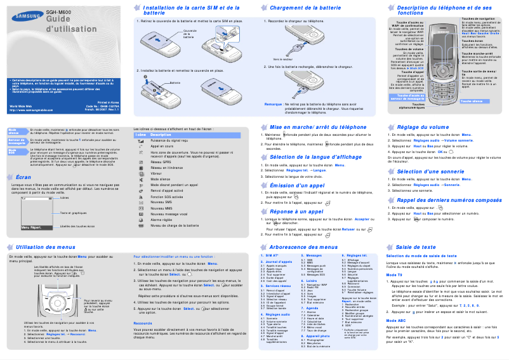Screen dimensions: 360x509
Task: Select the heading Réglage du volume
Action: point(422,127)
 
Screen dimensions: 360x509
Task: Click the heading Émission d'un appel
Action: point(297,185)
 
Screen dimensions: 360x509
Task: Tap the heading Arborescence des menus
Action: point(303,246)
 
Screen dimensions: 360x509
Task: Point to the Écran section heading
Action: point(23,177)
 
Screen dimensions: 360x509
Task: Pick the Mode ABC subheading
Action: point(397,321)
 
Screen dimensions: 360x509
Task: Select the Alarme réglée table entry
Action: point(165,219)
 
